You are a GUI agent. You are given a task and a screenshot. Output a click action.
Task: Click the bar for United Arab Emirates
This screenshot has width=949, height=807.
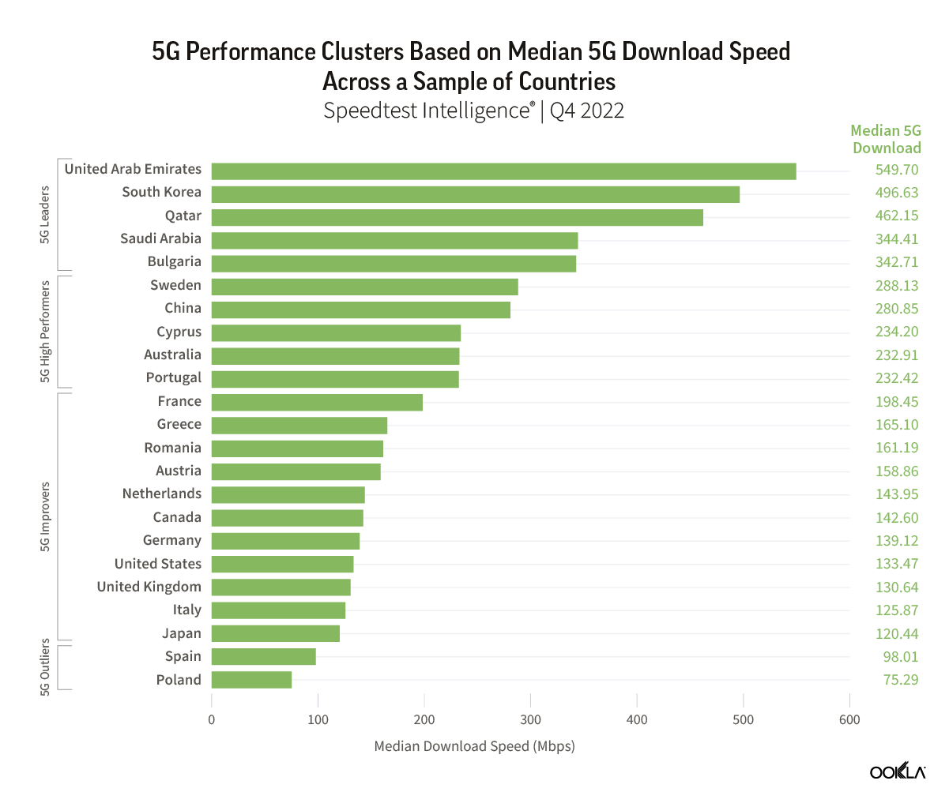pos(503,171)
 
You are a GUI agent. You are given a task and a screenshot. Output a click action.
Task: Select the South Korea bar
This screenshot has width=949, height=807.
pos(476,194)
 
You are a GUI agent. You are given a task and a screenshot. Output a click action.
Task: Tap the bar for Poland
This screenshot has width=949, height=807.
pos(251,680)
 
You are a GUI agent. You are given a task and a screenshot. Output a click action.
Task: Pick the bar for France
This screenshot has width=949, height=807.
pos(317,402)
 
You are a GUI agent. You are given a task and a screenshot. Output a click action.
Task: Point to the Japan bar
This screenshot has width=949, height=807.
pos(276,633)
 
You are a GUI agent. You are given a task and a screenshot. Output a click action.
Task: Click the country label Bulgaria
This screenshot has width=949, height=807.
pos(174,262)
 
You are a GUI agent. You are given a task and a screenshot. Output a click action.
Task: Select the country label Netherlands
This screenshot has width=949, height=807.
pos(161,494)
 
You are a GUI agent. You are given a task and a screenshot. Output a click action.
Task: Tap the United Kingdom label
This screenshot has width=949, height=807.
pos(149,587)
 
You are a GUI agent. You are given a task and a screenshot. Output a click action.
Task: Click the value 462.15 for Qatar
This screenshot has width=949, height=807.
pos(897,216)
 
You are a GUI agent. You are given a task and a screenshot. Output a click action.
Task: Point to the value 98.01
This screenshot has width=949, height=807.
pos(901,657)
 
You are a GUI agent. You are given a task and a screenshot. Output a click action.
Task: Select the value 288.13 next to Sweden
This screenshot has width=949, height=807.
pos(897,286)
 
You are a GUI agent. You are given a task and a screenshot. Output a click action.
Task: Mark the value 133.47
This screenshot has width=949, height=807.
pos(897,564)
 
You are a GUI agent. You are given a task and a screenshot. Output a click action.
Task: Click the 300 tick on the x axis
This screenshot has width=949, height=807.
pos(531,719)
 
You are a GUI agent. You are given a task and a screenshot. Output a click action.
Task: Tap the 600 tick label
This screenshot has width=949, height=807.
pos(849,719)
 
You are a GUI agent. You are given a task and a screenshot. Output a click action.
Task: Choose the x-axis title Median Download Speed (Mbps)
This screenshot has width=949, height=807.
pos(474,746)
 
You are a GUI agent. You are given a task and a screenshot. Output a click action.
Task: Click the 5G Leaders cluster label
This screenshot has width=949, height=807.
pos(45,215)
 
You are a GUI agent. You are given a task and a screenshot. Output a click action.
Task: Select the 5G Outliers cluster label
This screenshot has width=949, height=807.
pos(45,667)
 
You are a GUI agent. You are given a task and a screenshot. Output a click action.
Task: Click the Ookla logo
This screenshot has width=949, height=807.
pos(897,772)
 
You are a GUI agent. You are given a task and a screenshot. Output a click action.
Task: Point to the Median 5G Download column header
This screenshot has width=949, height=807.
pos(886,139)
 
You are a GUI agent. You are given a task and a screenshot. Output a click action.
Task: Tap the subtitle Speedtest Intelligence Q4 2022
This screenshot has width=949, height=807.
pos(474,111)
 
